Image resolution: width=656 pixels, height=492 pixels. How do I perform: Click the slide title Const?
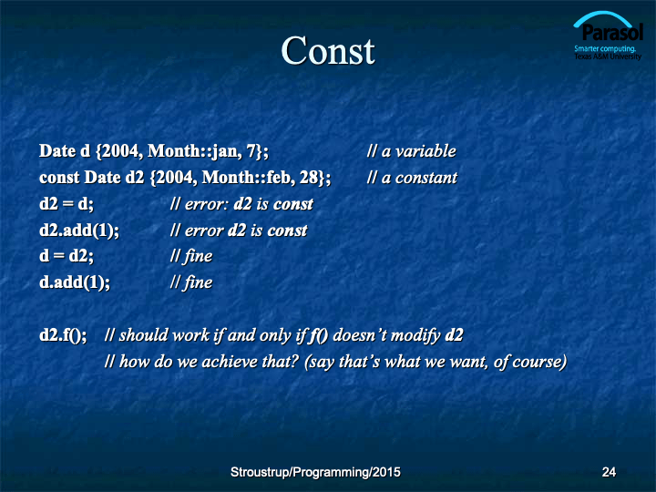click(328, 51)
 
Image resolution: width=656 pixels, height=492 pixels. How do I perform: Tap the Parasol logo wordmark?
click(612, 33)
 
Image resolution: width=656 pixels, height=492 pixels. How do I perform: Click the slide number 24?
click(609, 472)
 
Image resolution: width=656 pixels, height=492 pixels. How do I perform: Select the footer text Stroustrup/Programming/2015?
click(315, 472)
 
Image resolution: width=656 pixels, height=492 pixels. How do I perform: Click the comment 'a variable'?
click(418, 151)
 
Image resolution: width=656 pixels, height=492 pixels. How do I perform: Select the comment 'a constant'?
click(419, 178)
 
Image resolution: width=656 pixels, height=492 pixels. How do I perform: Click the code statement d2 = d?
click(67, 204)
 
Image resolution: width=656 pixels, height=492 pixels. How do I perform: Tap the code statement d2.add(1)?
click(79, 231)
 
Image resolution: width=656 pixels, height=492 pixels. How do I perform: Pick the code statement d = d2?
click(67, 256)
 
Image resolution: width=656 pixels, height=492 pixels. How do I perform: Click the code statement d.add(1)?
click(75, 282)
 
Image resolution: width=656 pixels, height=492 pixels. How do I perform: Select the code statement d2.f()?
click(63, 335)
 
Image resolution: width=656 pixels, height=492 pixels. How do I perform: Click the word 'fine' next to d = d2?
click(198, 256)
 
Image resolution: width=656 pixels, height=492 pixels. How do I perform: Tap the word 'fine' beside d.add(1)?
click(198, 282)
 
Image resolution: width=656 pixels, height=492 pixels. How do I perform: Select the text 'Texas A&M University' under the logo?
click(608, 56)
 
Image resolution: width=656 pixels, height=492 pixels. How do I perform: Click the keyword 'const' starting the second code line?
click(59, 178)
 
